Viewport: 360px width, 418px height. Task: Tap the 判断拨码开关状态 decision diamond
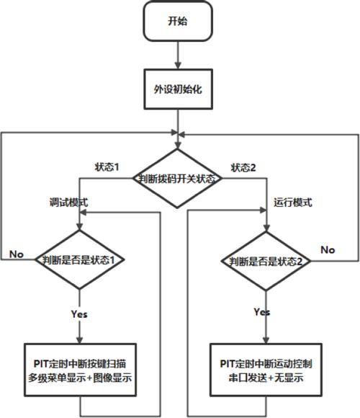(x=177, y=179)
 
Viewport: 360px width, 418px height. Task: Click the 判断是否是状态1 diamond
(x=78, y=260)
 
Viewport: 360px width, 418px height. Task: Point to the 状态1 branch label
(x=107, y=167)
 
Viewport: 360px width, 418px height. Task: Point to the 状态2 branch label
(x=243, y=167)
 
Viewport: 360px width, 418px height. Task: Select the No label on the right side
(x=328, y=249)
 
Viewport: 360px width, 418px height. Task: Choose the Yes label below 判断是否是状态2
(x=263, y=312)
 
